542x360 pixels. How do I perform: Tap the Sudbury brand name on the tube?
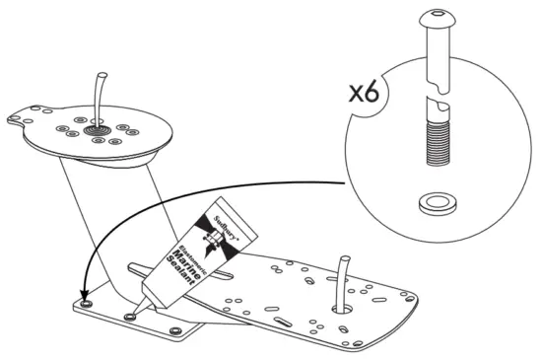click(x=231, y=222)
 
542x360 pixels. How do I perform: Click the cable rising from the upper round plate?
click(x=99, y=94)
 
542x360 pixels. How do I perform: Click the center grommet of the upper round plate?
click(x=99, y=129)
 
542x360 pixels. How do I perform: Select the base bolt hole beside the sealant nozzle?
click(x=130, y=317)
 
